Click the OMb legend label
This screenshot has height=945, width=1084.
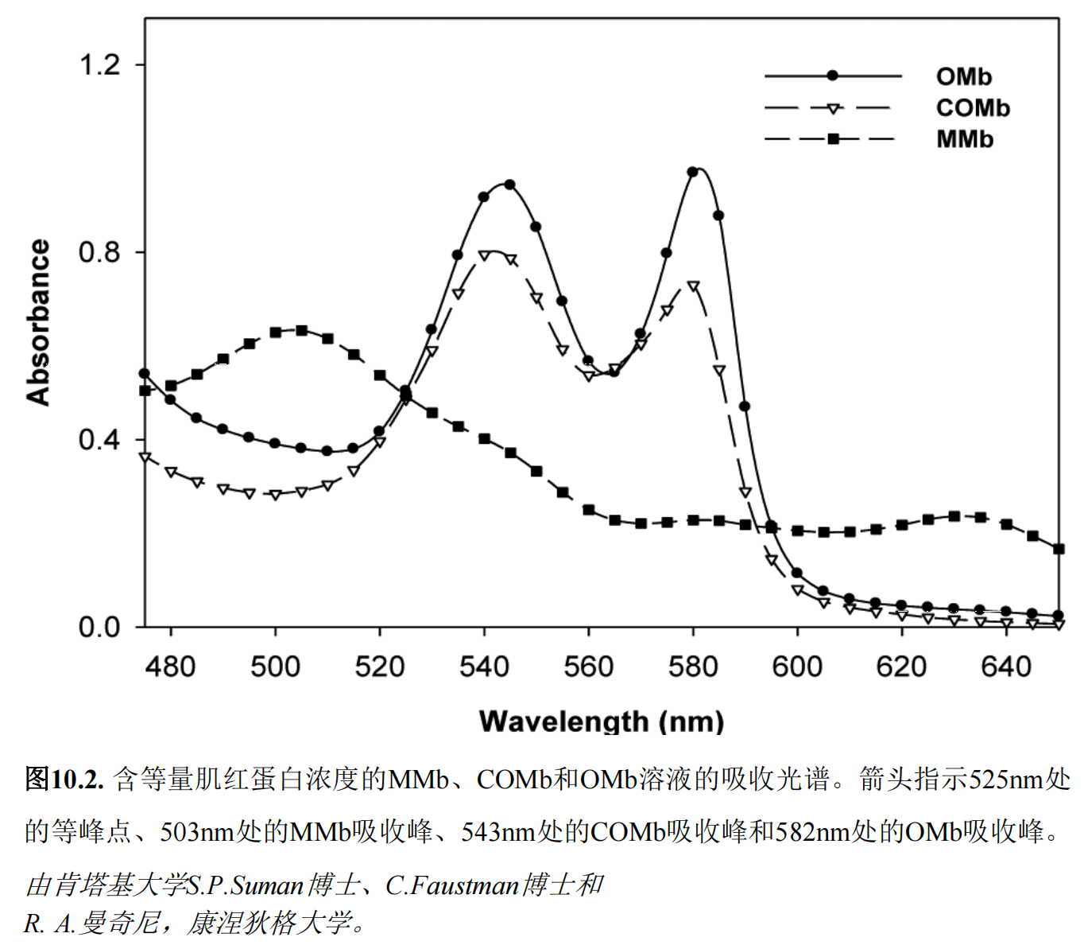tap(963, 76)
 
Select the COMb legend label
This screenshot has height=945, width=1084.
tap(973, 107)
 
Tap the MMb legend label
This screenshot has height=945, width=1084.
tap(965, 139)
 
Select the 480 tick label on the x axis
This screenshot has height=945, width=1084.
tap(171, 666)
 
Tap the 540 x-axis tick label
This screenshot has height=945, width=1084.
tap(484, 666)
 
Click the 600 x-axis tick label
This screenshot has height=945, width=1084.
tap(797, 666)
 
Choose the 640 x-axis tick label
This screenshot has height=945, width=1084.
tap(1006, 666)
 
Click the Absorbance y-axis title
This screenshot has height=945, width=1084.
tap(38, 322)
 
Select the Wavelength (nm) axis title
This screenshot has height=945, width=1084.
tap(602, 721)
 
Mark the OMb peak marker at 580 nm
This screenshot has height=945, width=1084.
tap(693, 172)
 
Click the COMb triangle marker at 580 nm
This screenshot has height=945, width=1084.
tap(693, 286)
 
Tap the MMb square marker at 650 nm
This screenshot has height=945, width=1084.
tap(1059, 549)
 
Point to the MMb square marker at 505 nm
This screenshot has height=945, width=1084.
tap(301, 330)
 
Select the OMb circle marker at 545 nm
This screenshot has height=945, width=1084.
tap(510, 185)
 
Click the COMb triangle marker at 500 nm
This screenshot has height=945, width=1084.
tap(275, 495)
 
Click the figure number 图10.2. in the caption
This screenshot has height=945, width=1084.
tap(64, 779)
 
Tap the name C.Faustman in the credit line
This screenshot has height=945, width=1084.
tap(451, 885)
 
